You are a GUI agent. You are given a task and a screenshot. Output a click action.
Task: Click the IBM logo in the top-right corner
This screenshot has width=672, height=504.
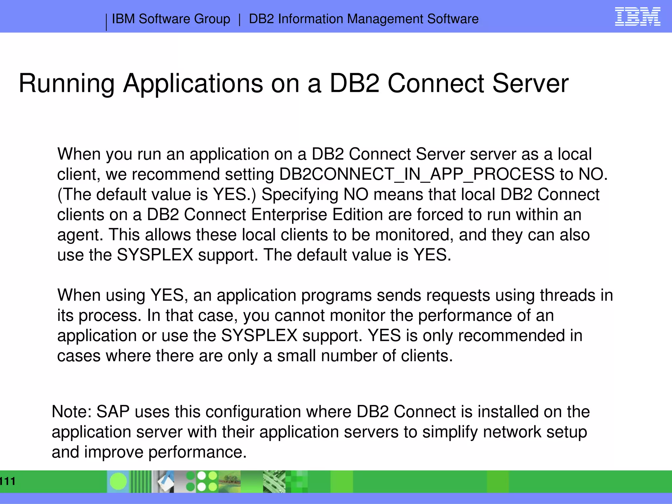click(x=637, y=17)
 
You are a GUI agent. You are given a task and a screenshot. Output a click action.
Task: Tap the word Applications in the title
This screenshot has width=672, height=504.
click(x=193, y=84)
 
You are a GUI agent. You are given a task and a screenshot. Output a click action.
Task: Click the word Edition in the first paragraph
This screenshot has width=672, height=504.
click(x=357, y=215)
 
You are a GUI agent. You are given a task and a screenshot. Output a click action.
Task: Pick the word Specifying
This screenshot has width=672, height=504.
click(x=300, y=195)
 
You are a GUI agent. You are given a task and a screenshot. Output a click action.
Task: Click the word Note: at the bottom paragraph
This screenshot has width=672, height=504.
click(x=72, y=412)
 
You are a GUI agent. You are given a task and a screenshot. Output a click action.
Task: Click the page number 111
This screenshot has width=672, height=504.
click(x=7, y=481)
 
